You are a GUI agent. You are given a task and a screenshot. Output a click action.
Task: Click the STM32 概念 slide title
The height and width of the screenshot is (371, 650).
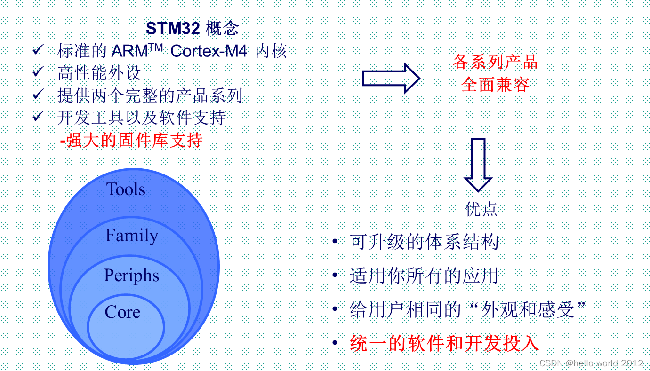[x=192, y=29]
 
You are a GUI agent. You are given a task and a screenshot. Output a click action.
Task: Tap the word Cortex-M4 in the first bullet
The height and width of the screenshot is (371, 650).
[x=209, y=51]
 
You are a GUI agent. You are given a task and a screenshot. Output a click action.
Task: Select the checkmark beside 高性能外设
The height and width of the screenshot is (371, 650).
[x=38, y=72]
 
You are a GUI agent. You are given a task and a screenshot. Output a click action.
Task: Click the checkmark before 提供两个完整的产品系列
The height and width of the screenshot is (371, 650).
[x=38, y=95]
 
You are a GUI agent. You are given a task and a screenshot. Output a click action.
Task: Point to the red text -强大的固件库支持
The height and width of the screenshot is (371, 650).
[x=131, y=140]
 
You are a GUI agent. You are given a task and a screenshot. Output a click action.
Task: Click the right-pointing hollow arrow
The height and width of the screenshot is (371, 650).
[x=390, y=78]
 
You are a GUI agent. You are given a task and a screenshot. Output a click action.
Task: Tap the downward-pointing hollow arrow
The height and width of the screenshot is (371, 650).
[x=478, y=164]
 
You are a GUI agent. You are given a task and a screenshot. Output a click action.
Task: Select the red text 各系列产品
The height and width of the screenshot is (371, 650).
[x=495, y=62]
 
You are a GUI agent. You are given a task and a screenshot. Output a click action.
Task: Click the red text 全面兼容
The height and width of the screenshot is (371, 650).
[x=495, y=85]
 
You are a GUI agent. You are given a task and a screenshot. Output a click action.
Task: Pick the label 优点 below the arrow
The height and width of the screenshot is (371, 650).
[x=481, y=209]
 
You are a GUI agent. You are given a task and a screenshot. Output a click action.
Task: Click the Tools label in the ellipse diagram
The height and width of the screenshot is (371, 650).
[x=126, y=189]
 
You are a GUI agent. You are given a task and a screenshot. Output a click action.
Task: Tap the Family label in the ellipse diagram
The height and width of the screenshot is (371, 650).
[x=132, y=235]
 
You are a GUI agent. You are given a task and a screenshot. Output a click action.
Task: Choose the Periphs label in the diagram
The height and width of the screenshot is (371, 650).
[x=131, y=276]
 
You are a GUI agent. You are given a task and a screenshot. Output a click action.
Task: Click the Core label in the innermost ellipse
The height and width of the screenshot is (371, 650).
[x=122, y=312]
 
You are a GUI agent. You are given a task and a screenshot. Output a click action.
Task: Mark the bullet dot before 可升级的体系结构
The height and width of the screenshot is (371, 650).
[x=335, y=242]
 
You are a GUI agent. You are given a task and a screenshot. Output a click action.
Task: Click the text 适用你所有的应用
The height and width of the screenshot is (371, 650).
[x=424, y=276]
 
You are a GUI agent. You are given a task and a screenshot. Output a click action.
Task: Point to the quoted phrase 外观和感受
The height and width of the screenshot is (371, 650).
[x=527, y=309]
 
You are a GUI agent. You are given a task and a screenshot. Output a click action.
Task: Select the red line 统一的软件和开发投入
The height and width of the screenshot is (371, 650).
[x=444, y=343]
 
